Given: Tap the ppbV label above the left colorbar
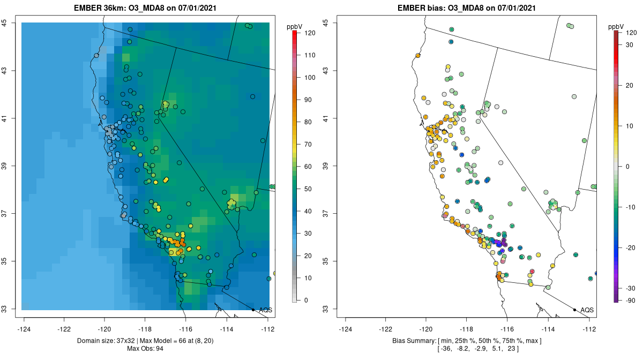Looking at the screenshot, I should click(295, 26).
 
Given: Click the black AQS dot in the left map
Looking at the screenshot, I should click(253, 310).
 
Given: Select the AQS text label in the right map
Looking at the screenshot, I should click(587, 310).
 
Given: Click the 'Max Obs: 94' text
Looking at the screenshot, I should click(145, 349).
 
